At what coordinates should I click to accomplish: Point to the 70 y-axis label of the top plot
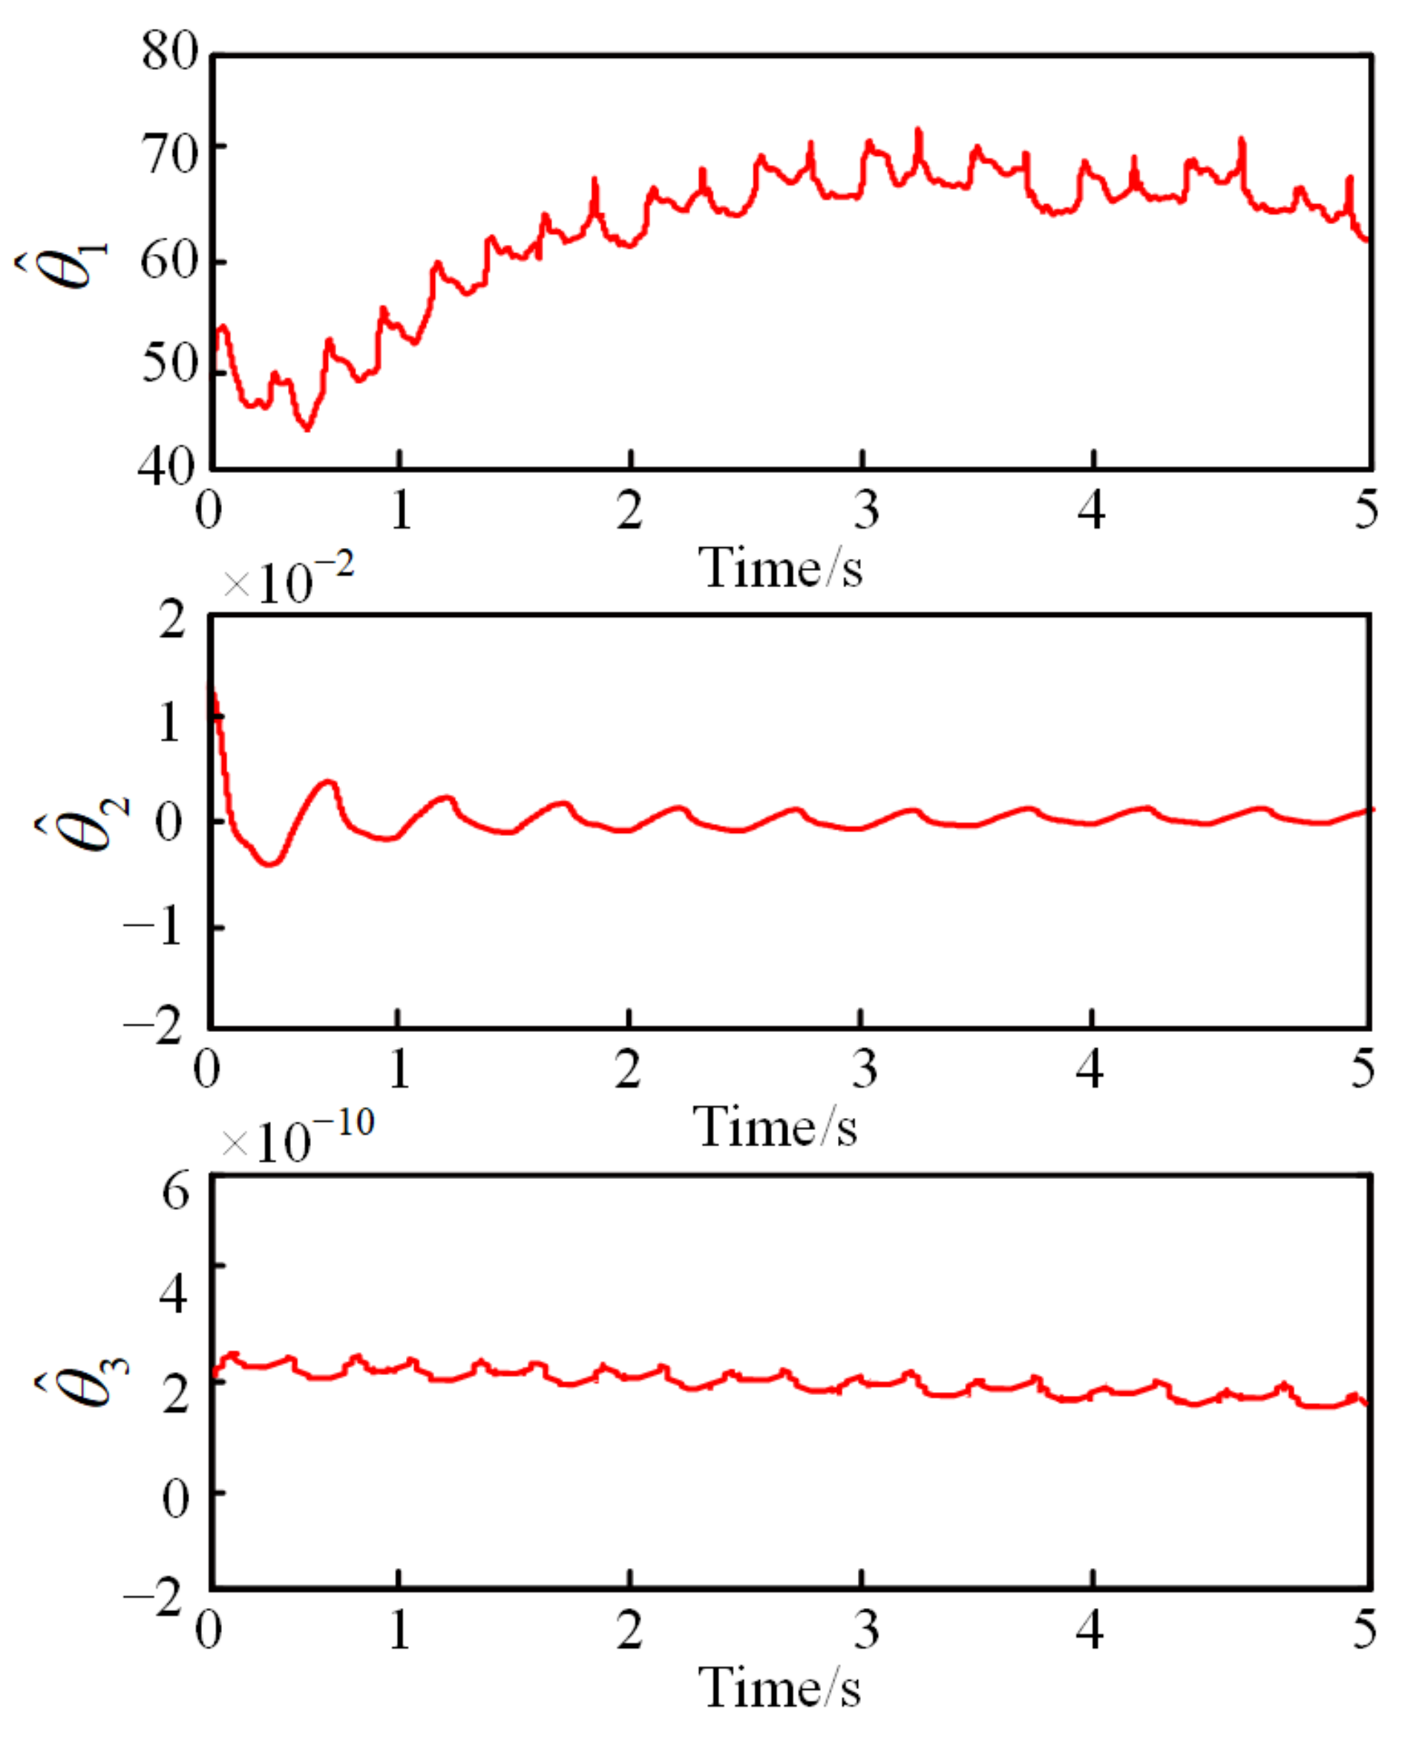[170, 154]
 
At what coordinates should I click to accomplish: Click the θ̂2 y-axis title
[82, 822]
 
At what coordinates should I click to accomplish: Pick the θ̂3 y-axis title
[82, 1382]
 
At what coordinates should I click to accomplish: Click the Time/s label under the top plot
[779, 566]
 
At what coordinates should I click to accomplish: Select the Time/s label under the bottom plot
[779, 1687]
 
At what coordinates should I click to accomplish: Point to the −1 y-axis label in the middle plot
[153, 929]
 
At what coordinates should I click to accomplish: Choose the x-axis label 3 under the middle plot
[865, 1068]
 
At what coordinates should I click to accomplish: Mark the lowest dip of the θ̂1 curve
[307, 428]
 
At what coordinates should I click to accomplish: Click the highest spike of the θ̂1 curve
[919, 131]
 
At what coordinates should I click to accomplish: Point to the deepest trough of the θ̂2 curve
[270, 863]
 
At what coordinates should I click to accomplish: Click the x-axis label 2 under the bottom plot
[629, 1629]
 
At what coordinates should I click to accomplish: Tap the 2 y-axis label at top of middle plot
[172, 621]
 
